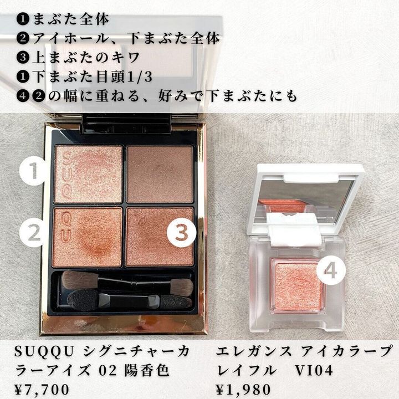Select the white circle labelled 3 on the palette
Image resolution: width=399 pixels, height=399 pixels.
click(181, 233)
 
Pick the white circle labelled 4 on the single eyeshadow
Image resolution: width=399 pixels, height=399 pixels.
click(331, 271)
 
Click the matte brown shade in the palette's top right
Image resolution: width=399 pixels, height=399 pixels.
click(160, 175)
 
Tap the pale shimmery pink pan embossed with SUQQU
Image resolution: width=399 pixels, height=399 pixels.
click(89, 175)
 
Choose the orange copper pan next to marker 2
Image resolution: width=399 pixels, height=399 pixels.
click(88, 237)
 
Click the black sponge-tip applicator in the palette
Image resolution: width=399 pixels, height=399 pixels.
click(129, 301)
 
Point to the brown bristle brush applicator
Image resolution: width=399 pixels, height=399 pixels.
click(127, 281)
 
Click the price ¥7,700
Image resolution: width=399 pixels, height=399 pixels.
click(42, 390)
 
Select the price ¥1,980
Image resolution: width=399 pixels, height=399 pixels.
click(243, 390)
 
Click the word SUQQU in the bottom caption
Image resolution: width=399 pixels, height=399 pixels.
click(44, 352)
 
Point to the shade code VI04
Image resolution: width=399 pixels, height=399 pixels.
click(314, 371)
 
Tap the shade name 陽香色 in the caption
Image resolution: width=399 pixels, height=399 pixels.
click(147, 371)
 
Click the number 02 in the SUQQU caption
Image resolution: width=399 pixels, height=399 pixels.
click(108, 371)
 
